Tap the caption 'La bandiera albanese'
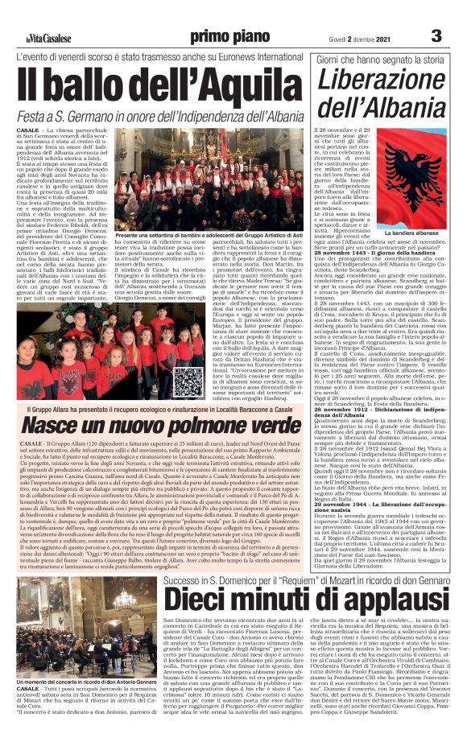coord(410,234)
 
